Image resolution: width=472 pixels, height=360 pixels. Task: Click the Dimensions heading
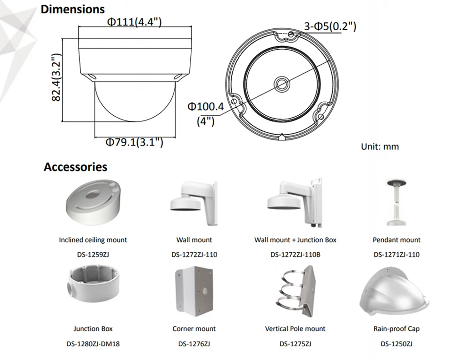coord(73,9)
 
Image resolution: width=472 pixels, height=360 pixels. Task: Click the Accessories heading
coord(75,167)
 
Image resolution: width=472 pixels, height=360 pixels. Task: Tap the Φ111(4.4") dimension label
coord(135,22)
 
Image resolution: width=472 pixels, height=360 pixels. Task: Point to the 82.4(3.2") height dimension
coord(57,77)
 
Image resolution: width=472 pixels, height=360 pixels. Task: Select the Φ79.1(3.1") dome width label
coord(134,142)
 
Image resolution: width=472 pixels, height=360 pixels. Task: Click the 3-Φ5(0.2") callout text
coord(330,26)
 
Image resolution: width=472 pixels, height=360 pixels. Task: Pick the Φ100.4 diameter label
coord(206,106)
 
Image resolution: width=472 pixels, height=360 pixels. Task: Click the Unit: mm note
coord(380,147)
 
